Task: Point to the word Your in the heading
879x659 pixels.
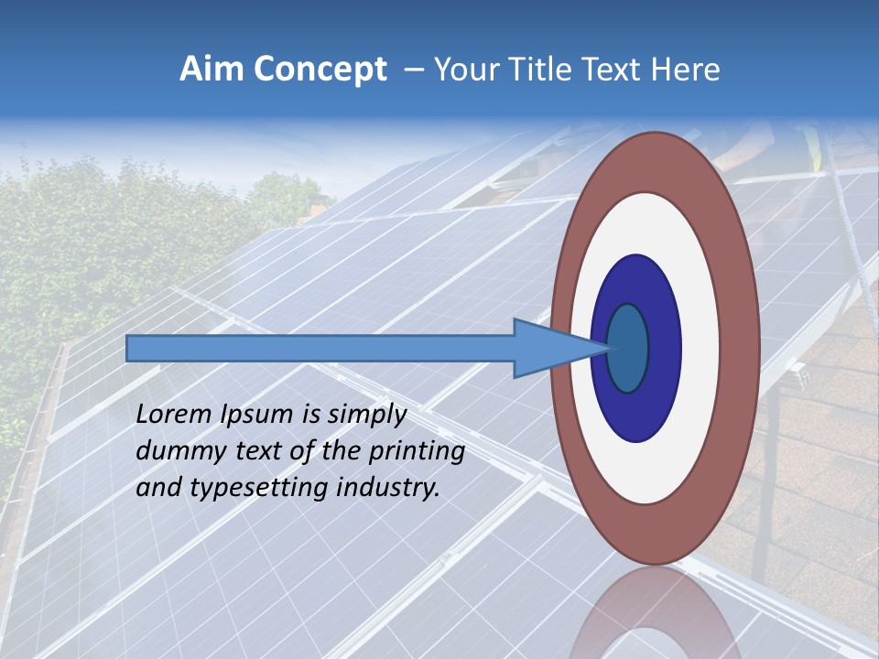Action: pos(466,70)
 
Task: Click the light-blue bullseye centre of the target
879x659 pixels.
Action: pos(627,349)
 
